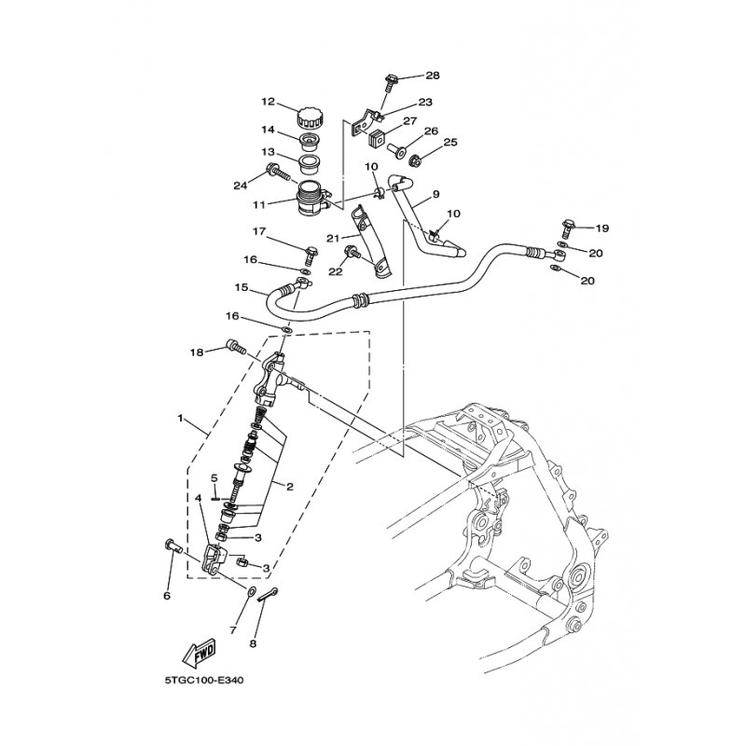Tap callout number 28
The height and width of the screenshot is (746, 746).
433,76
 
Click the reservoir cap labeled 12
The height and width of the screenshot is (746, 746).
310,118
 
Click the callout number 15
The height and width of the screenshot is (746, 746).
242,287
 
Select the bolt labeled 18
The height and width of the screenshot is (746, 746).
236,346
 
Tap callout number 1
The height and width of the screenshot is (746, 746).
180,418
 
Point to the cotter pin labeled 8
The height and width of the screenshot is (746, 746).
268,594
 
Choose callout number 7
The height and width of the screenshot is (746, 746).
233,630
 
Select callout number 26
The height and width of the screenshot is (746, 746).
431,131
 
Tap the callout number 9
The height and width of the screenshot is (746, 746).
435,194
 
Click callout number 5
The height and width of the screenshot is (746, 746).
214,477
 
